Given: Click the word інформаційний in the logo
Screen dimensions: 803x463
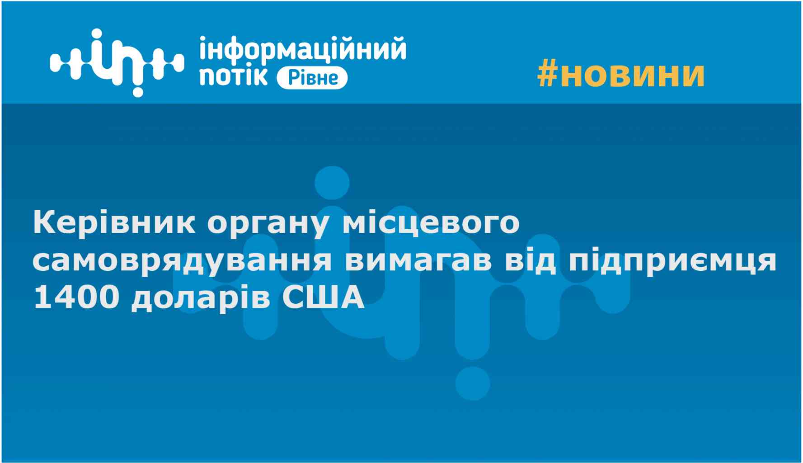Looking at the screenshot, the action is (302, 50).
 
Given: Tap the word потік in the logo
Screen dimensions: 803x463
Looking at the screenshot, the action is (233, 76).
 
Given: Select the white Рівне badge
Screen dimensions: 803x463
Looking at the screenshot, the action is (312, 78).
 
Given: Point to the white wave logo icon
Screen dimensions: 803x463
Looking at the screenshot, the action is (117, 62).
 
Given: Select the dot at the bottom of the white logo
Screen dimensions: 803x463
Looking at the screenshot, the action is (137, 91).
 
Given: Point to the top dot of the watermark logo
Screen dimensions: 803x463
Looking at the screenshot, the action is (332, 183).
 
